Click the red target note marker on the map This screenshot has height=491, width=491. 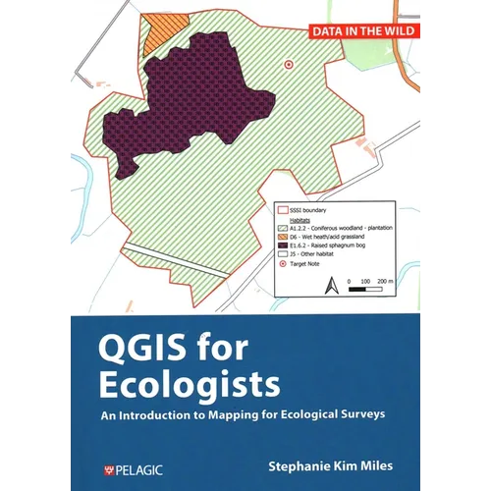click(288, 63)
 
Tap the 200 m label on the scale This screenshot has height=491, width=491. click(386, 282)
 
